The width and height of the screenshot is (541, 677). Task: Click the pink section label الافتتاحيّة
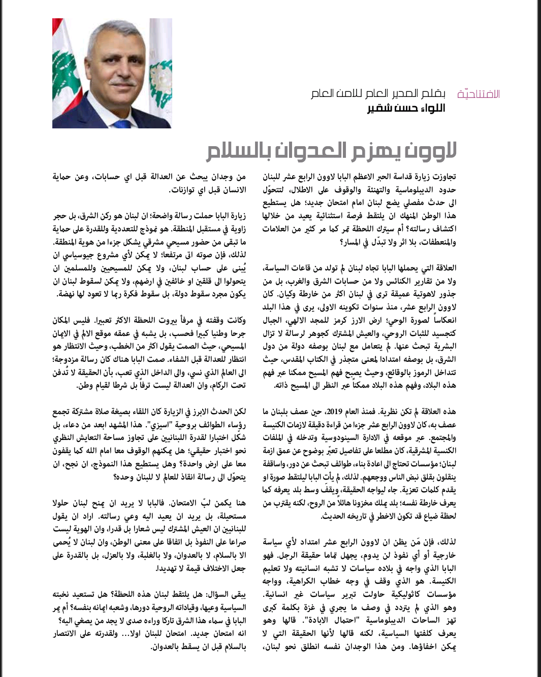coord(479,94)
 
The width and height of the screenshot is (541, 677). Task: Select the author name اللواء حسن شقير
coord(406,108)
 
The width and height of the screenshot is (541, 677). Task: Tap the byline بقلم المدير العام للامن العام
coord(378,94)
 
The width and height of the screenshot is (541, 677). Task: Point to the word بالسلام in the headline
coord(238,151)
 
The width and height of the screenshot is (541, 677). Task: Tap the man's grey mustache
coord(122,83)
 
